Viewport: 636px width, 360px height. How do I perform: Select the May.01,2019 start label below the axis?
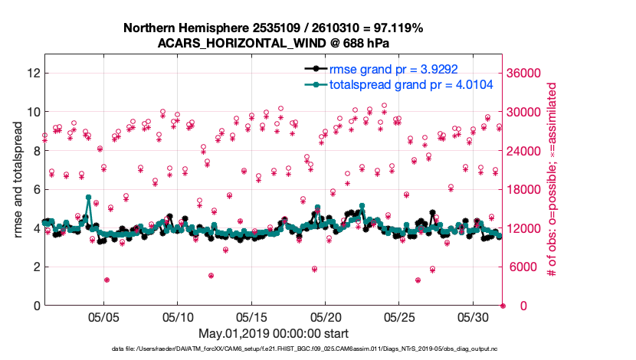click(274, 333)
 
